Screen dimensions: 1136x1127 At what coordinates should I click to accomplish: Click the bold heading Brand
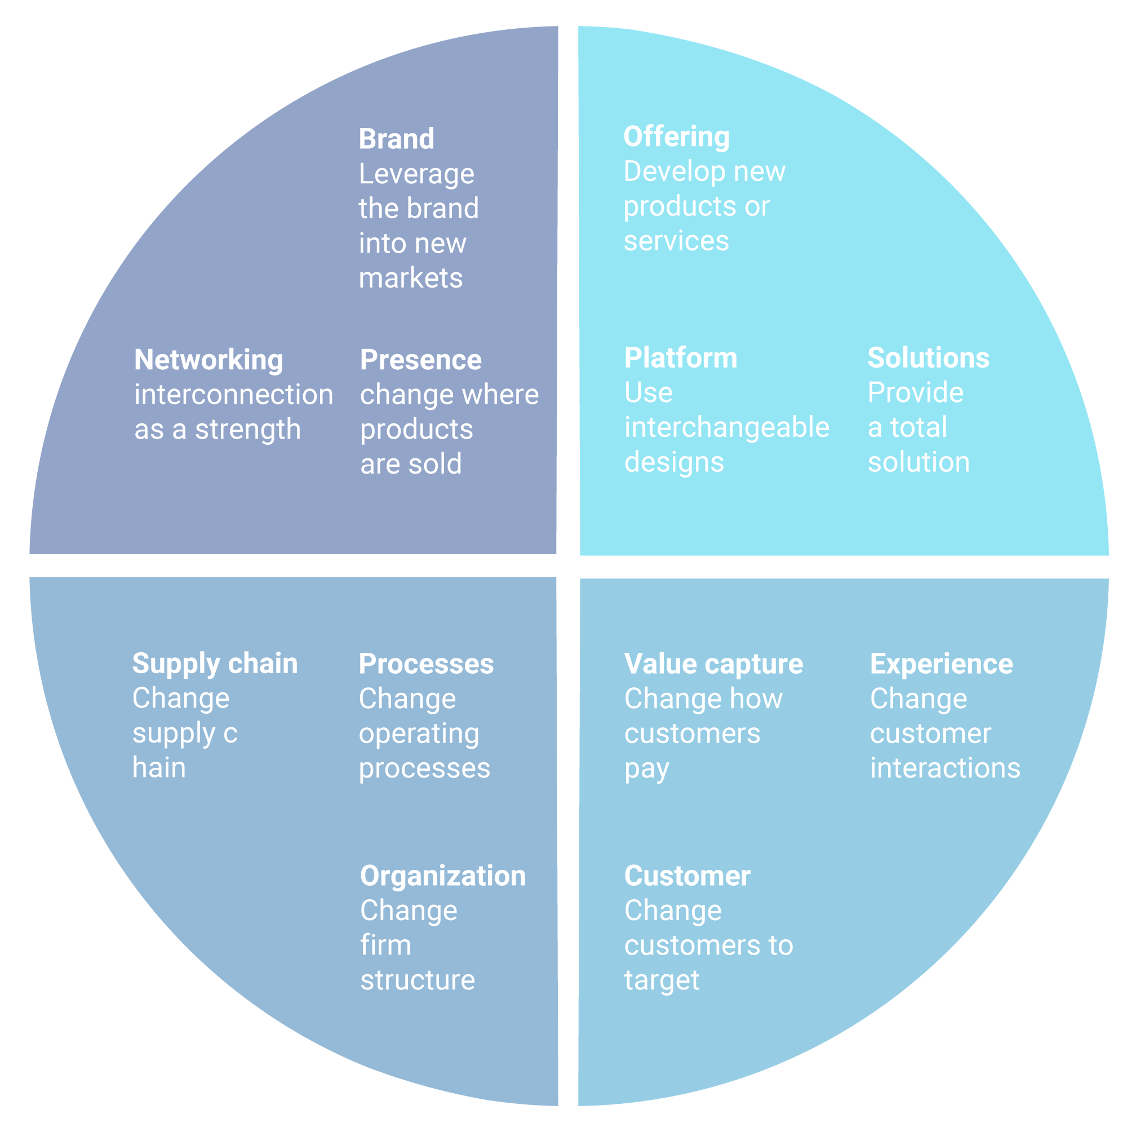(x=396, y=139)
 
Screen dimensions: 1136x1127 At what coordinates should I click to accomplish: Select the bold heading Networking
(x=208, y=360)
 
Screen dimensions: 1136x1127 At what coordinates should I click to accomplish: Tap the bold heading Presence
(x=421, y=360)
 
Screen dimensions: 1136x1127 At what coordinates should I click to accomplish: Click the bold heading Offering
(x=676, y=137)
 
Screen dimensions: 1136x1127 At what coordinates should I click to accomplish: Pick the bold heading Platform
(x=681, y=358)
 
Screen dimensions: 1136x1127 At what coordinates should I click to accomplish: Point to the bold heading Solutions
(x=929, y=358)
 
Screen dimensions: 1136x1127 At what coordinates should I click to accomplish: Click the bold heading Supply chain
(x=215, y=664)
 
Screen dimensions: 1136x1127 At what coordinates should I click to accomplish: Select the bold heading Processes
(x=426, y=665)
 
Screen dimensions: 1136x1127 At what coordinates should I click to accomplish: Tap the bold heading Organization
(x=443, y=876)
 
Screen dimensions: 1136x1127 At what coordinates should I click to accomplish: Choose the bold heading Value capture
(x=713, y=665)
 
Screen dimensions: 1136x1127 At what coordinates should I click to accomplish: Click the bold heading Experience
(x=941, y=665)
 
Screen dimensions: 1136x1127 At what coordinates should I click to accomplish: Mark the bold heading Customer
(x=687, y=876)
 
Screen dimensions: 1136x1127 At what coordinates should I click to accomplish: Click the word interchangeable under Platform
(x=726, y=427)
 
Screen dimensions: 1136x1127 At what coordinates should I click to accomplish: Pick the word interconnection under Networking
(x=233, y=395)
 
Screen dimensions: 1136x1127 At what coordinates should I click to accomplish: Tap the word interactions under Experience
(x=945, y=768)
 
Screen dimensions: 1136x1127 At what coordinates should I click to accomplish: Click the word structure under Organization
(x=417, y=980)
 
